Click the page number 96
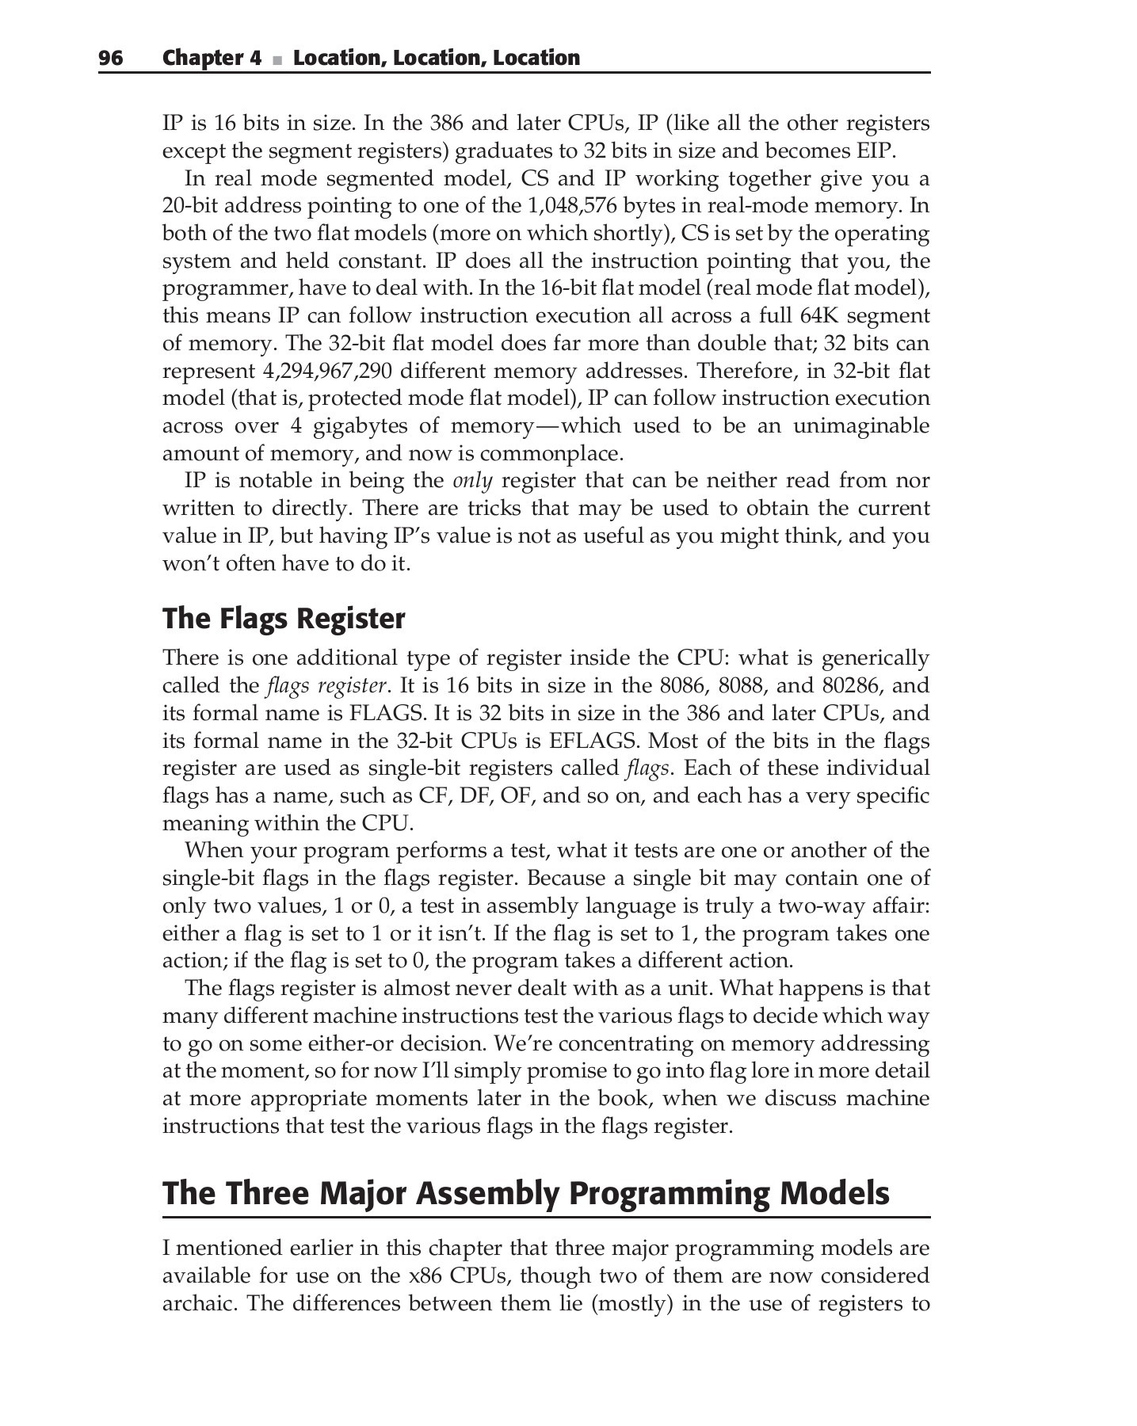111,58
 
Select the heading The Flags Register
284,619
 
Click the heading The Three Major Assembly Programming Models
526,1193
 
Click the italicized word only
472,481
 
